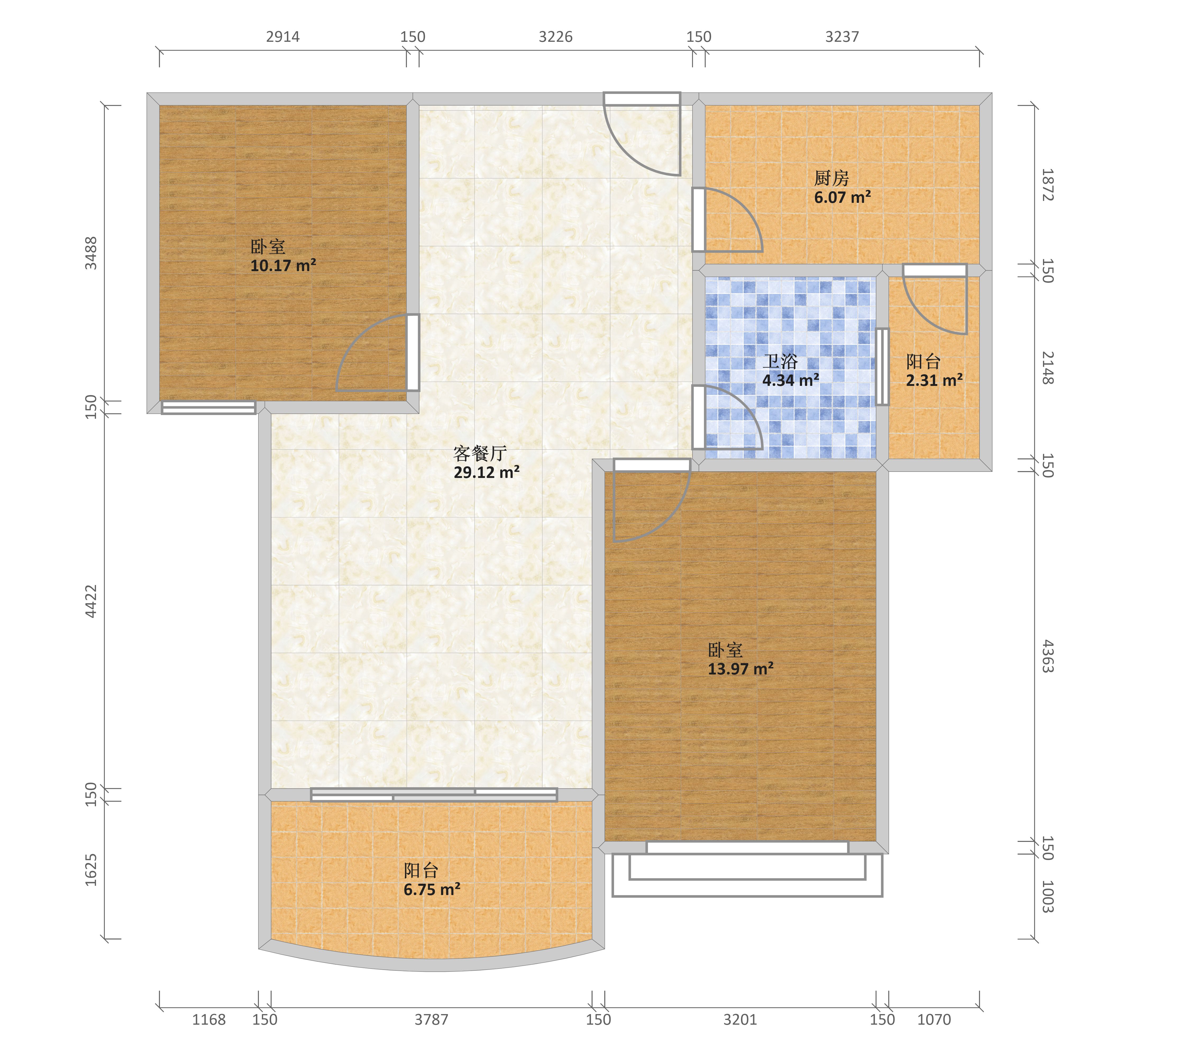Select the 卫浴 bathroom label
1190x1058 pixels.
click(780, 362)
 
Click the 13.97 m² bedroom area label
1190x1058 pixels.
click(740, 668)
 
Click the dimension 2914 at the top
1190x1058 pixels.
click(283, 37)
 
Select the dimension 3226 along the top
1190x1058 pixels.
click(555, 37)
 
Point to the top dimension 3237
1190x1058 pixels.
click(842, 37)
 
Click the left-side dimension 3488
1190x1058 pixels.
click(91, 253)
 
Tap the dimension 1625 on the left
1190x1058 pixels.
click(91, 870)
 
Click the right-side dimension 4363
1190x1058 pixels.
click(1047, 656)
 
